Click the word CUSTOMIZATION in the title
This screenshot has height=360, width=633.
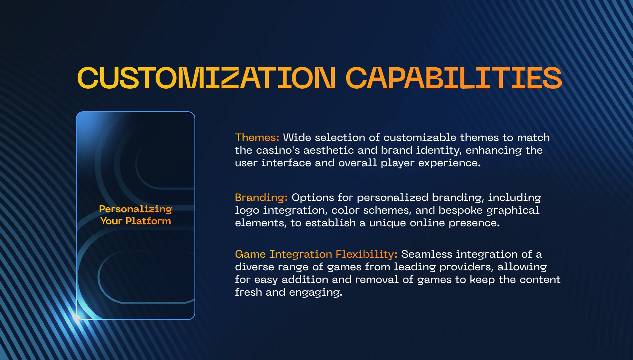coord(207,78)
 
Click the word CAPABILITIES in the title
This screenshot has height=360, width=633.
coord(454,78)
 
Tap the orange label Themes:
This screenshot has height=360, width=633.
coord(257,137)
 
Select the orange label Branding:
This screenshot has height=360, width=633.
coord(261,198)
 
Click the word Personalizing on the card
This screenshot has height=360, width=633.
coord(136,209)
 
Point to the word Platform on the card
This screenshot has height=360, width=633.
coord(148,221)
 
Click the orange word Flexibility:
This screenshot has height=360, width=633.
coord(366,254)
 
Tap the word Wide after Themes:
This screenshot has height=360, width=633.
coord(297,137)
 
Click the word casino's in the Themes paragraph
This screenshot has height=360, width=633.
coord(278,150)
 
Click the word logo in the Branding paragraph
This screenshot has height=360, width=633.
coord(247,211)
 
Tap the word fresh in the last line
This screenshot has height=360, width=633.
coord(248,292)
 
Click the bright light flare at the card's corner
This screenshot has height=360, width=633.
coord(76,317)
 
